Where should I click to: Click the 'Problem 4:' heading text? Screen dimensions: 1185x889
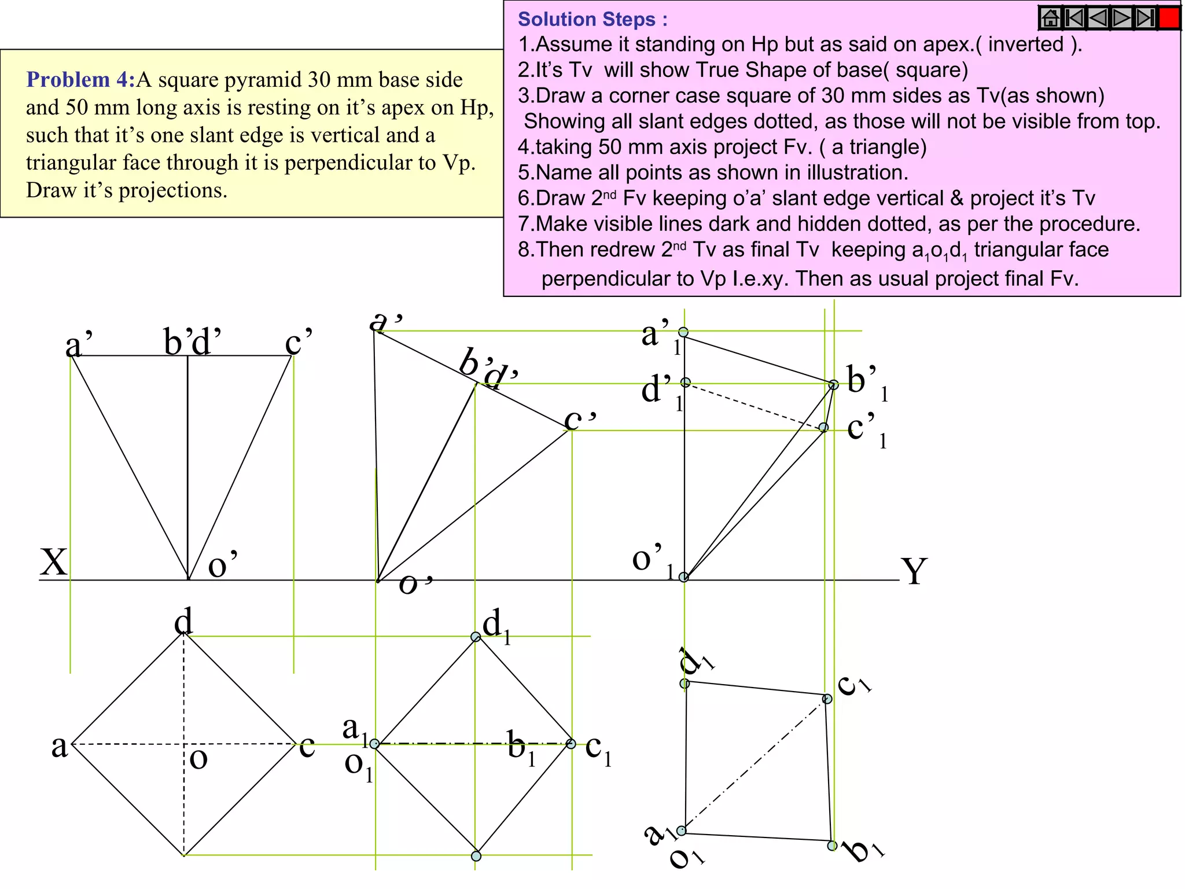[x=80, y=80]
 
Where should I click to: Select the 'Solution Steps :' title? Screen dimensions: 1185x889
[x=592, y=19]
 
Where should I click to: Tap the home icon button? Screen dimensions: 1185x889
[x=1050, y=19]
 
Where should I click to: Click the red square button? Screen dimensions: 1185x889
[x=1169, y=19]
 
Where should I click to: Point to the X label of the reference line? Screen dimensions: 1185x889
[x=54, y=562]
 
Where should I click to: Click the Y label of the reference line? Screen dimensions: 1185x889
[x=914, y=571]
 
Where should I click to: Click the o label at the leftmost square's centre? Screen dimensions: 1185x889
[x=198, y=758]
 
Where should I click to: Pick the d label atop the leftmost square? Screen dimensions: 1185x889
[x=183, y=622]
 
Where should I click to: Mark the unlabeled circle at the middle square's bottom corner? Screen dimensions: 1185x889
[x=476, y=856]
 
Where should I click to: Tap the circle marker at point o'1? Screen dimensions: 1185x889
[x=683, y=577]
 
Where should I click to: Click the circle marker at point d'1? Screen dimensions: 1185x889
[x=686, y=382]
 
